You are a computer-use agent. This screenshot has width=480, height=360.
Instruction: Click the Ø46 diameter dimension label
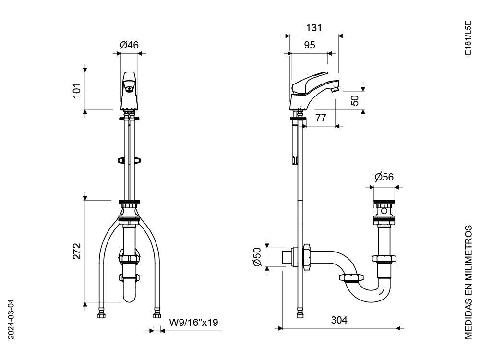click(x=129, y=45)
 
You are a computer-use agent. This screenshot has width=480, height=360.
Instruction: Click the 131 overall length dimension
click(x=313, y=28)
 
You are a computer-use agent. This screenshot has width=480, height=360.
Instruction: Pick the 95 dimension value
click(x=310, y=45)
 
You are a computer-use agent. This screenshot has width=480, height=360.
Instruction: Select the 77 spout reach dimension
click(x=321, y=118)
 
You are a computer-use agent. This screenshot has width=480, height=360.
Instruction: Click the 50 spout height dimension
click(x=355, y=100)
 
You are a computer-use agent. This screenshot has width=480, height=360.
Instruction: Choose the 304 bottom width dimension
click(x=338, y=320)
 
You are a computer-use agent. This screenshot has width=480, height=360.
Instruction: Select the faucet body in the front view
click(x=129, y=94)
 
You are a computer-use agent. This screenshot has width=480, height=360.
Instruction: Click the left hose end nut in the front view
click(x=101, y=315)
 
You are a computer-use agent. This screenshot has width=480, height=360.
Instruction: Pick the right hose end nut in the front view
click(x=156, y=315)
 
